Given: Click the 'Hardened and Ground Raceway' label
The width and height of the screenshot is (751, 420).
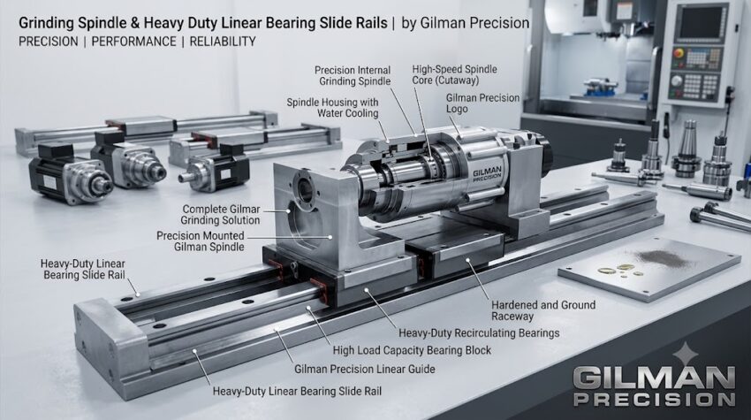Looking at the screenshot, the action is (x=543, y=310).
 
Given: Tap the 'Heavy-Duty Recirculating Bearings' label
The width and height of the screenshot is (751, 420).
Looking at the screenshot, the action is (x=479, y=332).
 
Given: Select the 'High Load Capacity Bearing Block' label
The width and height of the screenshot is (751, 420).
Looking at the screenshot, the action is (x=412, y=350).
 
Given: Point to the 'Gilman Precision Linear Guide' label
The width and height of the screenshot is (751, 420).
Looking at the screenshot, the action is (x=365, y=370).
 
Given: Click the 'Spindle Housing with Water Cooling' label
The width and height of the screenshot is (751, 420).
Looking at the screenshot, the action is (x=332, y=108).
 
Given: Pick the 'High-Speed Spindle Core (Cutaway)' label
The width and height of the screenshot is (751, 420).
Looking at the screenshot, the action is (x=454, y=75).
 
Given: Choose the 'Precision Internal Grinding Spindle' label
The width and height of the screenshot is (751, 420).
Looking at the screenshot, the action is (x=353, y=76).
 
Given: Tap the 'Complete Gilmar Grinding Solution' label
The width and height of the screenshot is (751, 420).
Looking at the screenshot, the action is (x=221, y=215).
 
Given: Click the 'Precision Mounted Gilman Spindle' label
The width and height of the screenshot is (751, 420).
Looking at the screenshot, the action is (x=201, y=241).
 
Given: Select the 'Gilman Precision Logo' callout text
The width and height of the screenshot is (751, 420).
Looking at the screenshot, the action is (x=482, y=103).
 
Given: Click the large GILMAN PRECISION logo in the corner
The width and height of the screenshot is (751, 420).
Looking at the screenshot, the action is (x=654, y=386).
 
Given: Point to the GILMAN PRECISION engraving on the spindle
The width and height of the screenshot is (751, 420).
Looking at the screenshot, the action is (x=487, y=174).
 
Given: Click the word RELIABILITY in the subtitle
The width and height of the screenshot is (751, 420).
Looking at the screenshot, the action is (x=223, y=42).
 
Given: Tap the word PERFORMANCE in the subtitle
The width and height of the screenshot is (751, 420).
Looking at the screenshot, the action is (x=133, y=42).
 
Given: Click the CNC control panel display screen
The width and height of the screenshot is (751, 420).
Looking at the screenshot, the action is (x=701, y=22).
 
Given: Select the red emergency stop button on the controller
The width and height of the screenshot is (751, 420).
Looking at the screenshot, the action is (x=679, y=53).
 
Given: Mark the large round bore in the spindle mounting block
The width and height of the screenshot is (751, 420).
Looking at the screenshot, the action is (x=305, y=188).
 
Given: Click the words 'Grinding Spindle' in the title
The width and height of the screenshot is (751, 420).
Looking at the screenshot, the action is (x=72, y=24).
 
